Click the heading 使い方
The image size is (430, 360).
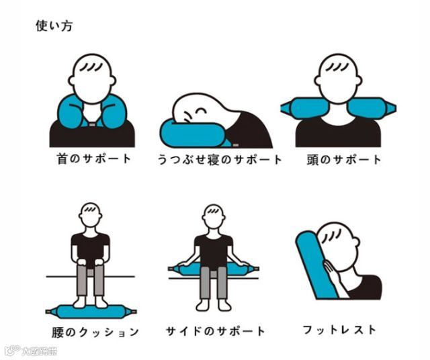pyautogui.click(x=54, y=26)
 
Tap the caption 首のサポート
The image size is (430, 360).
pyautogui.click(x=94, y=159)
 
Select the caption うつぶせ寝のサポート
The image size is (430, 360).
pyautogui.click(x=220, y=160)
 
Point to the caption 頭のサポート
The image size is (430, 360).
pyautogui.click(x=344, y=160)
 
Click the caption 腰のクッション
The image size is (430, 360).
pyautogui.click(x=95, y=332)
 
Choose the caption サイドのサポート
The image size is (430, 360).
pyautogui.click(x=216, y=331)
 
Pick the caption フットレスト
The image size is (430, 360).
pyautogui.click(x=339, y=330)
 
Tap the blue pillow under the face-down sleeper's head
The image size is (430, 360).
pyautogui.click(x=193, y=135)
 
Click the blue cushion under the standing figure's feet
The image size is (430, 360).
pyautogui.click(x=91, y=312)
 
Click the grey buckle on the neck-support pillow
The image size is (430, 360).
pyautogui.click(x=92, y=124)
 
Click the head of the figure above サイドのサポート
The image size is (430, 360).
pyautogui.click(x=214, y=216)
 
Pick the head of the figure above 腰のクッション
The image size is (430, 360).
pyautogui.click(x=91, y=215)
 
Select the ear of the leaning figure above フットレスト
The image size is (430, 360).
pyautogui.click(x=355, y=242)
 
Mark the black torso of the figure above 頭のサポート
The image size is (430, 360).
pyautogui.click(x=338, y=132)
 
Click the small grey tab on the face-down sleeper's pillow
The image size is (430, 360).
pyautogui.click(x=235, y=145)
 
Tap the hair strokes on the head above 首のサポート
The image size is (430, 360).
pyautogui.click(x=93, y=66)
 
